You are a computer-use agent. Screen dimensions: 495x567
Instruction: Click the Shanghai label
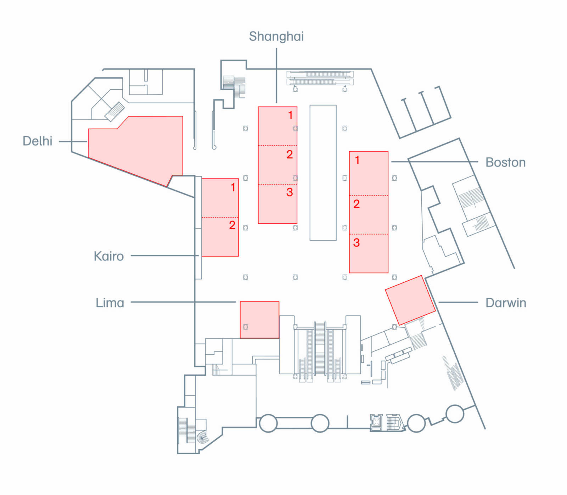(276, 36)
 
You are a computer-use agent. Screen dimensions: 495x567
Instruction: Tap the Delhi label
(37, 141)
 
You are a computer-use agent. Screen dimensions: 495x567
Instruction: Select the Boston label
(505, 162)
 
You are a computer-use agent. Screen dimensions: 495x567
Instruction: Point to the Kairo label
(108, 256)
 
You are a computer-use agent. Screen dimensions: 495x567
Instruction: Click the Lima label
(110, 303)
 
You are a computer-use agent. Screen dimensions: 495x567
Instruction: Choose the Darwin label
(506, 303)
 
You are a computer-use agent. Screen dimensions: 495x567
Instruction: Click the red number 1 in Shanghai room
(290, 115)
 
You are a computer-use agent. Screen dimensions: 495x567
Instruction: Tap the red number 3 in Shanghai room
(290, 192)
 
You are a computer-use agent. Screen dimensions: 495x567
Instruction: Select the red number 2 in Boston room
(357, 204)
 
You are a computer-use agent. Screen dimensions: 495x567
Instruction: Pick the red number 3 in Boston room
(357, 243)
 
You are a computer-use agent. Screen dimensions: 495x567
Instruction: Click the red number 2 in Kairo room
(232, 225)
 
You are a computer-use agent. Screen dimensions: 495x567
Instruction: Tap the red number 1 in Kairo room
(233, 187)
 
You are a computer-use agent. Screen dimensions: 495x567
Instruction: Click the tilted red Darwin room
(410, 300)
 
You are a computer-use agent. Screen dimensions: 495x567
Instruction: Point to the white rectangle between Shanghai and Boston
(323, 173)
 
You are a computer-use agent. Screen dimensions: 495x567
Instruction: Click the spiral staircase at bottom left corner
(202, 438)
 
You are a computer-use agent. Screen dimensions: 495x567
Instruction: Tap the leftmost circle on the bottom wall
(268, 423)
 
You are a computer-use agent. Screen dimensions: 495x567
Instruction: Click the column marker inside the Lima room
(246, 327)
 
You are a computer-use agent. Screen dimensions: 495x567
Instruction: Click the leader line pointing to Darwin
(458, 303)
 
